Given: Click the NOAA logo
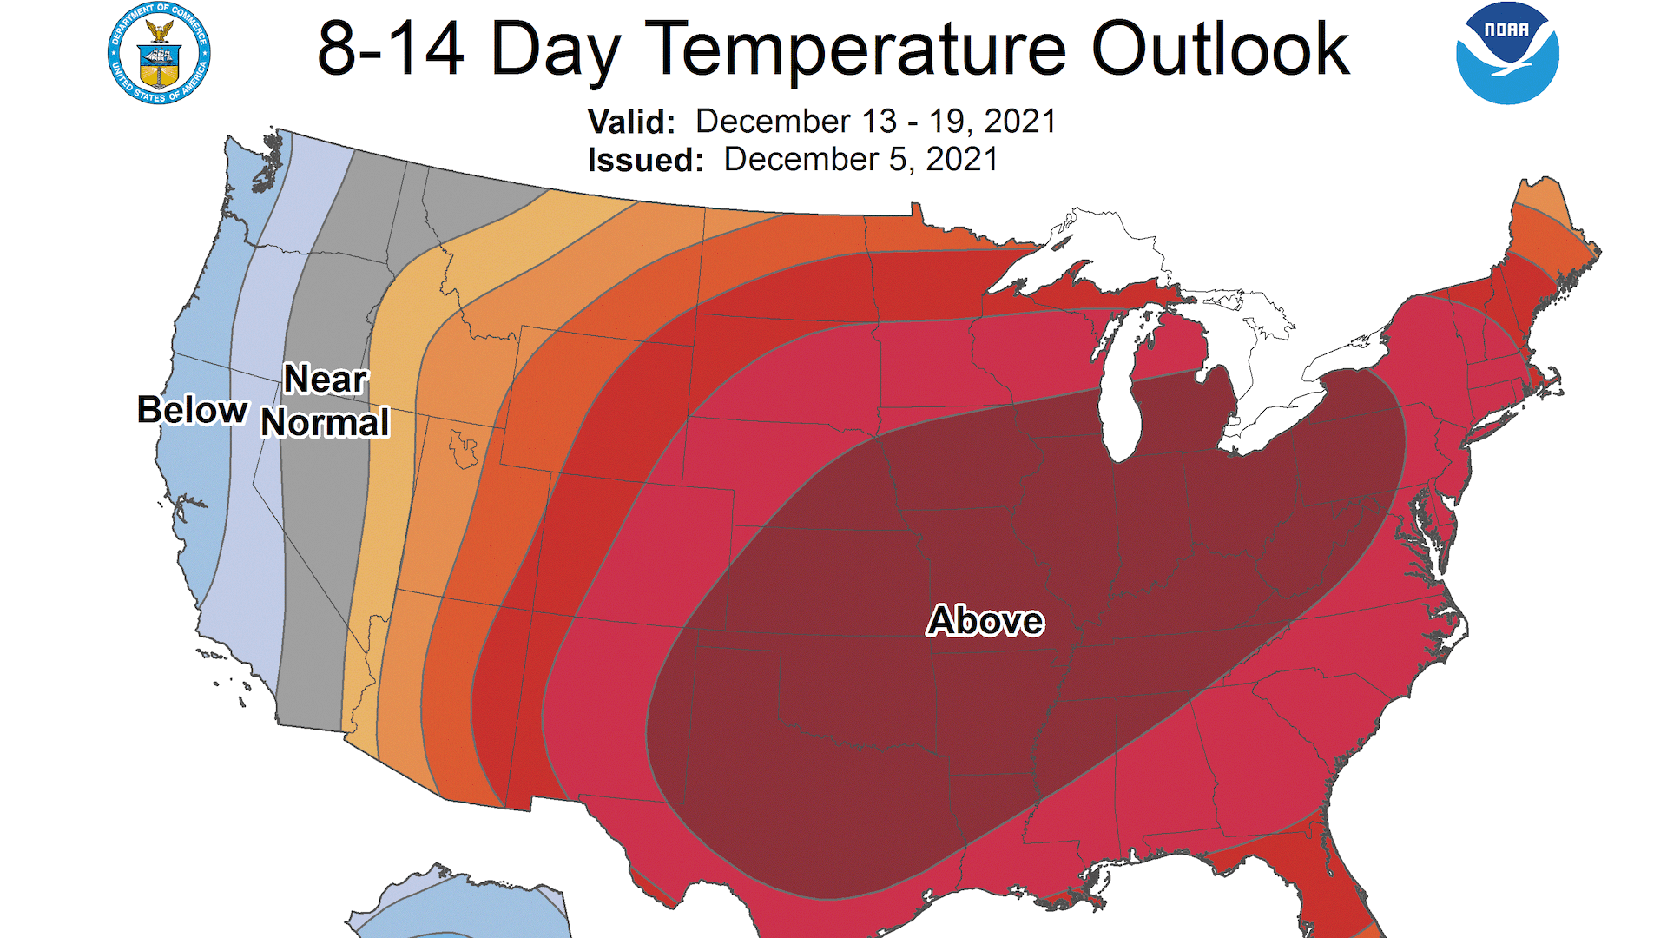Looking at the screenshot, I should point(1507,54).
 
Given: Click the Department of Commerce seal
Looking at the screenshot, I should point(159,54).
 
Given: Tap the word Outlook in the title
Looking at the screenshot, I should point(1219,50).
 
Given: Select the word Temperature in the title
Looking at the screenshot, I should point(855,50).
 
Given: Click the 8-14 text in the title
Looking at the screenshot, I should point(390,50).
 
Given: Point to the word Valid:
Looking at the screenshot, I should point(631,122).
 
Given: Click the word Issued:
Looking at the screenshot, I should point(645,161).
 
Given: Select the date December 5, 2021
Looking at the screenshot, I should point(860,160).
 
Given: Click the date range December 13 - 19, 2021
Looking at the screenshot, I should point(875,122).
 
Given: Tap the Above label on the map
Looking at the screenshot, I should point(985,621).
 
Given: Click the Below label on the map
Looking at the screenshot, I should point(193,410).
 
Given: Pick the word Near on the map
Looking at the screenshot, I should point(326,380).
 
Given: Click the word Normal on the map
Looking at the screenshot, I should point(326,423).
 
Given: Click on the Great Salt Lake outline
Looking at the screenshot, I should point(464,448).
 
